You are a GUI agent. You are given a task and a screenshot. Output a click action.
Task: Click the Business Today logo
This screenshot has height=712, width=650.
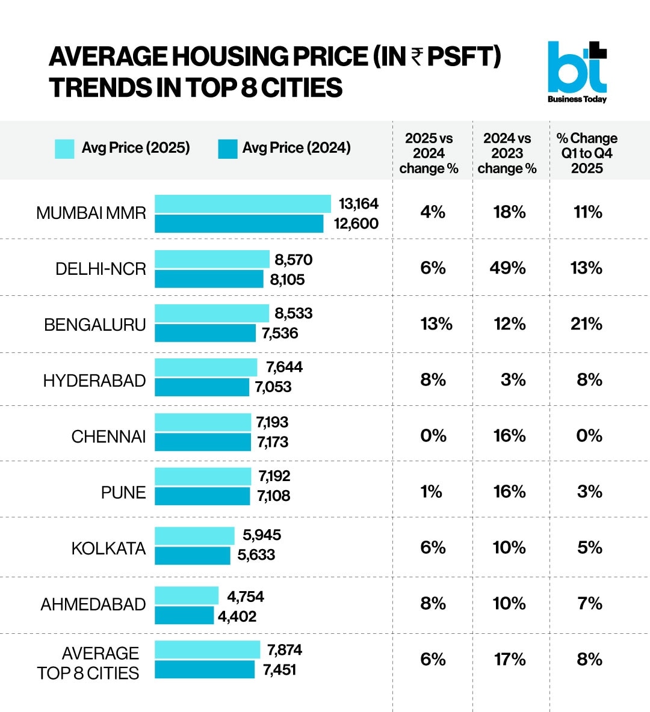tap(577, 72)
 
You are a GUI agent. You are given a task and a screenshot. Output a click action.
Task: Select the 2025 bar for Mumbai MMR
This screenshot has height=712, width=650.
tap(243, 204)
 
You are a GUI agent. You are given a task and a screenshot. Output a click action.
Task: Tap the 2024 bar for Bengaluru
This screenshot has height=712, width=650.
tap(205, 333)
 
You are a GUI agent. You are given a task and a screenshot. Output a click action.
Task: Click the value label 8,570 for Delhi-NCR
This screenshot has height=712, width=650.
tap(293, 260)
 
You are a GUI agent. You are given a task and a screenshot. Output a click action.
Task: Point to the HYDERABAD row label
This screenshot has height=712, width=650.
tap(94, 381)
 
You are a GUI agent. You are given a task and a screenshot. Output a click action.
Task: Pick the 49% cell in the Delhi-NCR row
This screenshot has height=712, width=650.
tap(507, 268)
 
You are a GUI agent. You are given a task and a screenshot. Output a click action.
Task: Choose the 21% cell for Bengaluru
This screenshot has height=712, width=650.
tap(586, 324)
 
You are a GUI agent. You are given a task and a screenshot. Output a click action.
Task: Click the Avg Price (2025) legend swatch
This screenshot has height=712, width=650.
tap(64, 149)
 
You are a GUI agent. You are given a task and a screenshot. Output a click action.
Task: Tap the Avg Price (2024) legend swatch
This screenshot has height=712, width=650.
tap(227, 149)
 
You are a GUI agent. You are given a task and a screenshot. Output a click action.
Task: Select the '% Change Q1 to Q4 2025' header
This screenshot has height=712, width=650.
tap(587, 153)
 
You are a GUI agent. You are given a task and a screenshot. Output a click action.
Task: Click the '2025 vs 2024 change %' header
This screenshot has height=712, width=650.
tap(429, 153)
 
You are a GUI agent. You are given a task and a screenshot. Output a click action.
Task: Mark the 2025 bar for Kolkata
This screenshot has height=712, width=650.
tap(194, 535)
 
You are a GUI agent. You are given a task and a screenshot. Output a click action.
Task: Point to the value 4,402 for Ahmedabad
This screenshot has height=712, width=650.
tap(237, 616)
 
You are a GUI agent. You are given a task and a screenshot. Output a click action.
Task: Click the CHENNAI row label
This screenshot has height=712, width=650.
tap(108, 437)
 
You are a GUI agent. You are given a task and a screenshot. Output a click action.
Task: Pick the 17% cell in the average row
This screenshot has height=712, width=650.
tap(510, 660)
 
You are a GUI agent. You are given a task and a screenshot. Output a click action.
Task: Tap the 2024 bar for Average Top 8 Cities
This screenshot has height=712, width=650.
tap(205, 670)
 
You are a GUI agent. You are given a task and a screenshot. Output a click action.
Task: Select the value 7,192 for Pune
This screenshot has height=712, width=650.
tap(274, 476)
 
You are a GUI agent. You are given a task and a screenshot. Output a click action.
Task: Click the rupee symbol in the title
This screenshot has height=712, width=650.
tap(417, 57)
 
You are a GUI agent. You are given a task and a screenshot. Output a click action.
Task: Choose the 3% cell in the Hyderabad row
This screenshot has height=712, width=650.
tap(513, 380)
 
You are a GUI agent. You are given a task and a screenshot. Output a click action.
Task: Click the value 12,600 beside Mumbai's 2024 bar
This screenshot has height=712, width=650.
tap(356, 224)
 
